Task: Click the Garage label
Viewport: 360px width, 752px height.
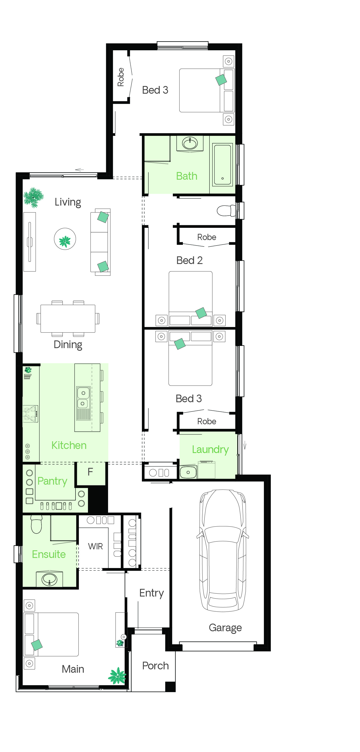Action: click(x=225, y=628)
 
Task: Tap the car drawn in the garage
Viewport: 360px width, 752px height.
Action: click(x=222, y=550)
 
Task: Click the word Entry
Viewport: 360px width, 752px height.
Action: click(x=151, y=593)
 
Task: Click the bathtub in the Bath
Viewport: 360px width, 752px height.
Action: click(x=222, y=164)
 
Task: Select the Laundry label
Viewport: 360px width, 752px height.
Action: click(x=210, y=450)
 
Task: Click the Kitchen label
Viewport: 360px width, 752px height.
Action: click(x=69, y=445)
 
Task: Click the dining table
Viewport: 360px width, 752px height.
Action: click(x=68, y=318)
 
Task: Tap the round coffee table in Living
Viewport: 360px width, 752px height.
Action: click(x=65, y=239)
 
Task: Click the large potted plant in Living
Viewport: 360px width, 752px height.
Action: click(x=34, y=197)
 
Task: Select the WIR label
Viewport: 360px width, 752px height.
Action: click(x=95, y=546)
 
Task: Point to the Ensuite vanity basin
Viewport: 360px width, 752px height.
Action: click(x=49, y=580)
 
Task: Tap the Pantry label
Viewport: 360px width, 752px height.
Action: click(x=52, y=481)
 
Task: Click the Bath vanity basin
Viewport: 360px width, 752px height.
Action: click(x=190, y=143)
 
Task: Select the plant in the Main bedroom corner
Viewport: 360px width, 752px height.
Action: click(x=117, y=676)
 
